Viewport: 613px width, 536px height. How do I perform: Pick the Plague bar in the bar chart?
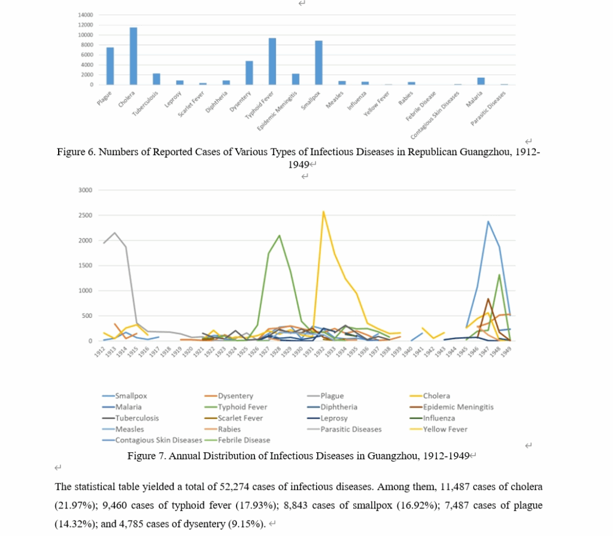[x=110, y=66]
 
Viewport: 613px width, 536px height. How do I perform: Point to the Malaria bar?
[x=481, y=81]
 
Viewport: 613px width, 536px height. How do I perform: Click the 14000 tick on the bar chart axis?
[x=86, y=14]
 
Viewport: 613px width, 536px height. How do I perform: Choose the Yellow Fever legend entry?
[x=445, y=429]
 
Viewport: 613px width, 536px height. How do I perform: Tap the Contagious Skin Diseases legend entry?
[x=159, y=440]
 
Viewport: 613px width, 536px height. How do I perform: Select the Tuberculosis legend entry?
[x=137, y=418]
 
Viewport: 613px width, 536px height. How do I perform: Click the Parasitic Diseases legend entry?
[x=351, y=429]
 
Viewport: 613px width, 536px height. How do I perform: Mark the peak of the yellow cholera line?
[x=323, y=211]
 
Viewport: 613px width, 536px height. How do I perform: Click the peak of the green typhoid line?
[x=280, y=235]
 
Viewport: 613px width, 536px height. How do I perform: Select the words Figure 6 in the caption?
[x=75, y=152]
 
